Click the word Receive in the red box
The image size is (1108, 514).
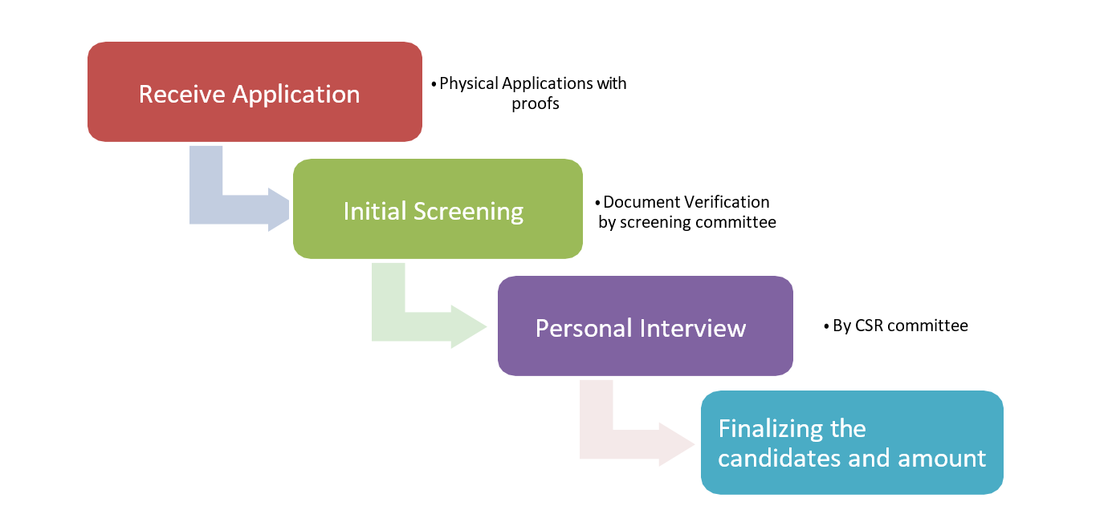tap(182, 94)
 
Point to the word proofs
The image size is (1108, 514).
tap(536, 104)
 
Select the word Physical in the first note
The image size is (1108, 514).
tap(468, 83)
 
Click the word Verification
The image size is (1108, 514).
tap(727, 202)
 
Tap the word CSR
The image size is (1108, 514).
tap(869, 326)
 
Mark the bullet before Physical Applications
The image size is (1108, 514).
tap(434, 84)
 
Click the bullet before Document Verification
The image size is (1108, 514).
tap(597, 203)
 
